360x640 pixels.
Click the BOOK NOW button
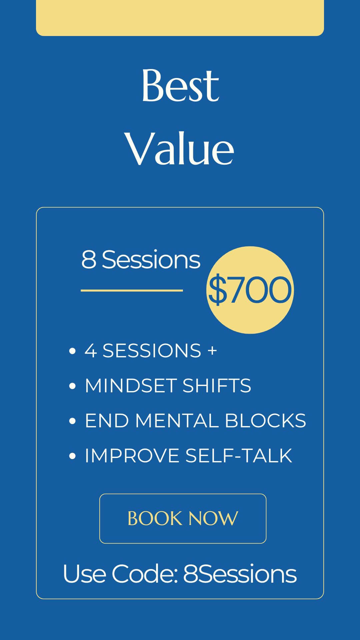183,518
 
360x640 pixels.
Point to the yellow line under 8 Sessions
132,290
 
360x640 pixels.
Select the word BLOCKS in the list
265,420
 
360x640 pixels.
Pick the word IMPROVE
132,455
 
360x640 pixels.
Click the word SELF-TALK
239,455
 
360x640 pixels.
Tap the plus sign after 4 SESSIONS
212,351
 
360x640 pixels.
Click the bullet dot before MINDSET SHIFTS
72,386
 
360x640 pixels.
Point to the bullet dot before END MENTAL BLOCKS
72,421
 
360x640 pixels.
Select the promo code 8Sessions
240,574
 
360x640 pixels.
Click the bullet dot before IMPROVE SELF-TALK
72,456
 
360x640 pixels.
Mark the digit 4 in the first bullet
91,351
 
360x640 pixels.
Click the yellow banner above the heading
180,18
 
